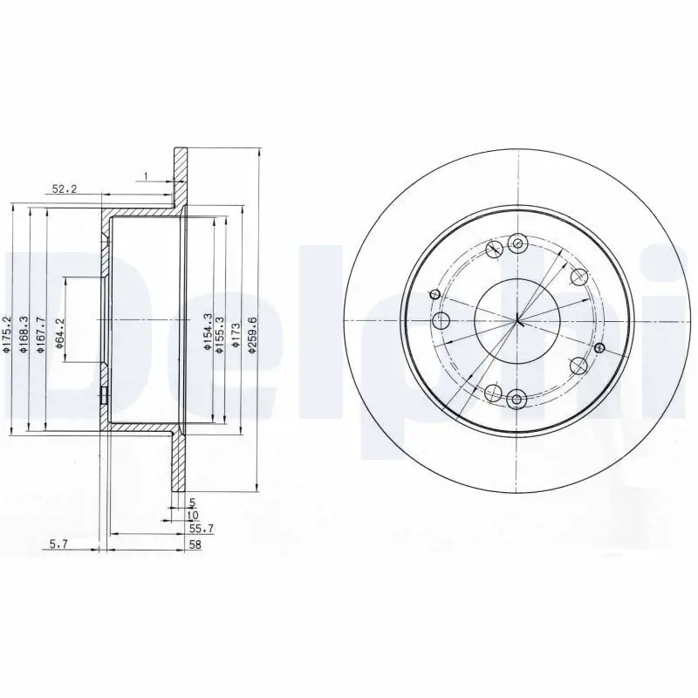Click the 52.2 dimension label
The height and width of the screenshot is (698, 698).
point(65,188)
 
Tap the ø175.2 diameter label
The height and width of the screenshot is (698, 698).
point(6,334)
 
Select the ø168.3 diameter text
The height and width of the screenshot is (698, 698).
point(24,334)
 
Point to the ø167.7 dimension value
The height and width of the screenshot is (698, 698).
point(41,334)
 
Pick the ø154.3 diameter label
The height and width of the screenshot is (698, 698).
point(207,332)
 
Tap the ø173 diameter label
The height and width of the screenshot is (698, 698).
point(236,335)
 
